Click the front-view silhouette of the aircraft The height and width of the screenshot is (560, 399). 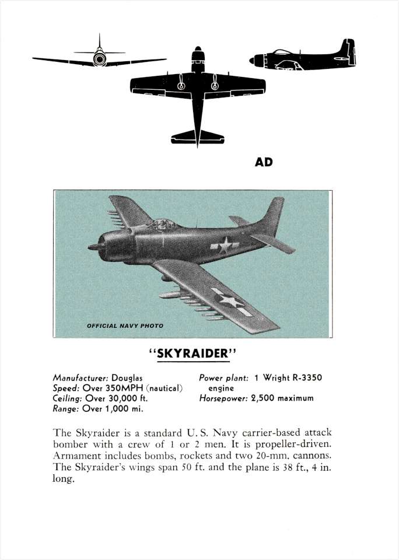click(x=99, y=58)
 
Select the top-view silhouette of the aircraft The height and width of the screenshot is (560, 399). click(x=197, y=87)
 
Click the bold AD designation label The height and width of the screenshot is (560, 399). click(x=264, y=162)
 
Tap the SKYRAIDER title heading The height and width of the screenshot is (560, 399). click(x=192, y=354)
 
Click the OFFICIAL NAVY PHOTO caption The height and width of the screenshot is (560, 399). click(x=125, y=325)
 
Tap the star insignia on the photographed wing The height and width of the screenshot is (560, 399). click(x=230, y=301)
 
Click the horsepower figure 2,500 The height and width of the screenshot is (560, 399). click(x=263, y=398)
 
